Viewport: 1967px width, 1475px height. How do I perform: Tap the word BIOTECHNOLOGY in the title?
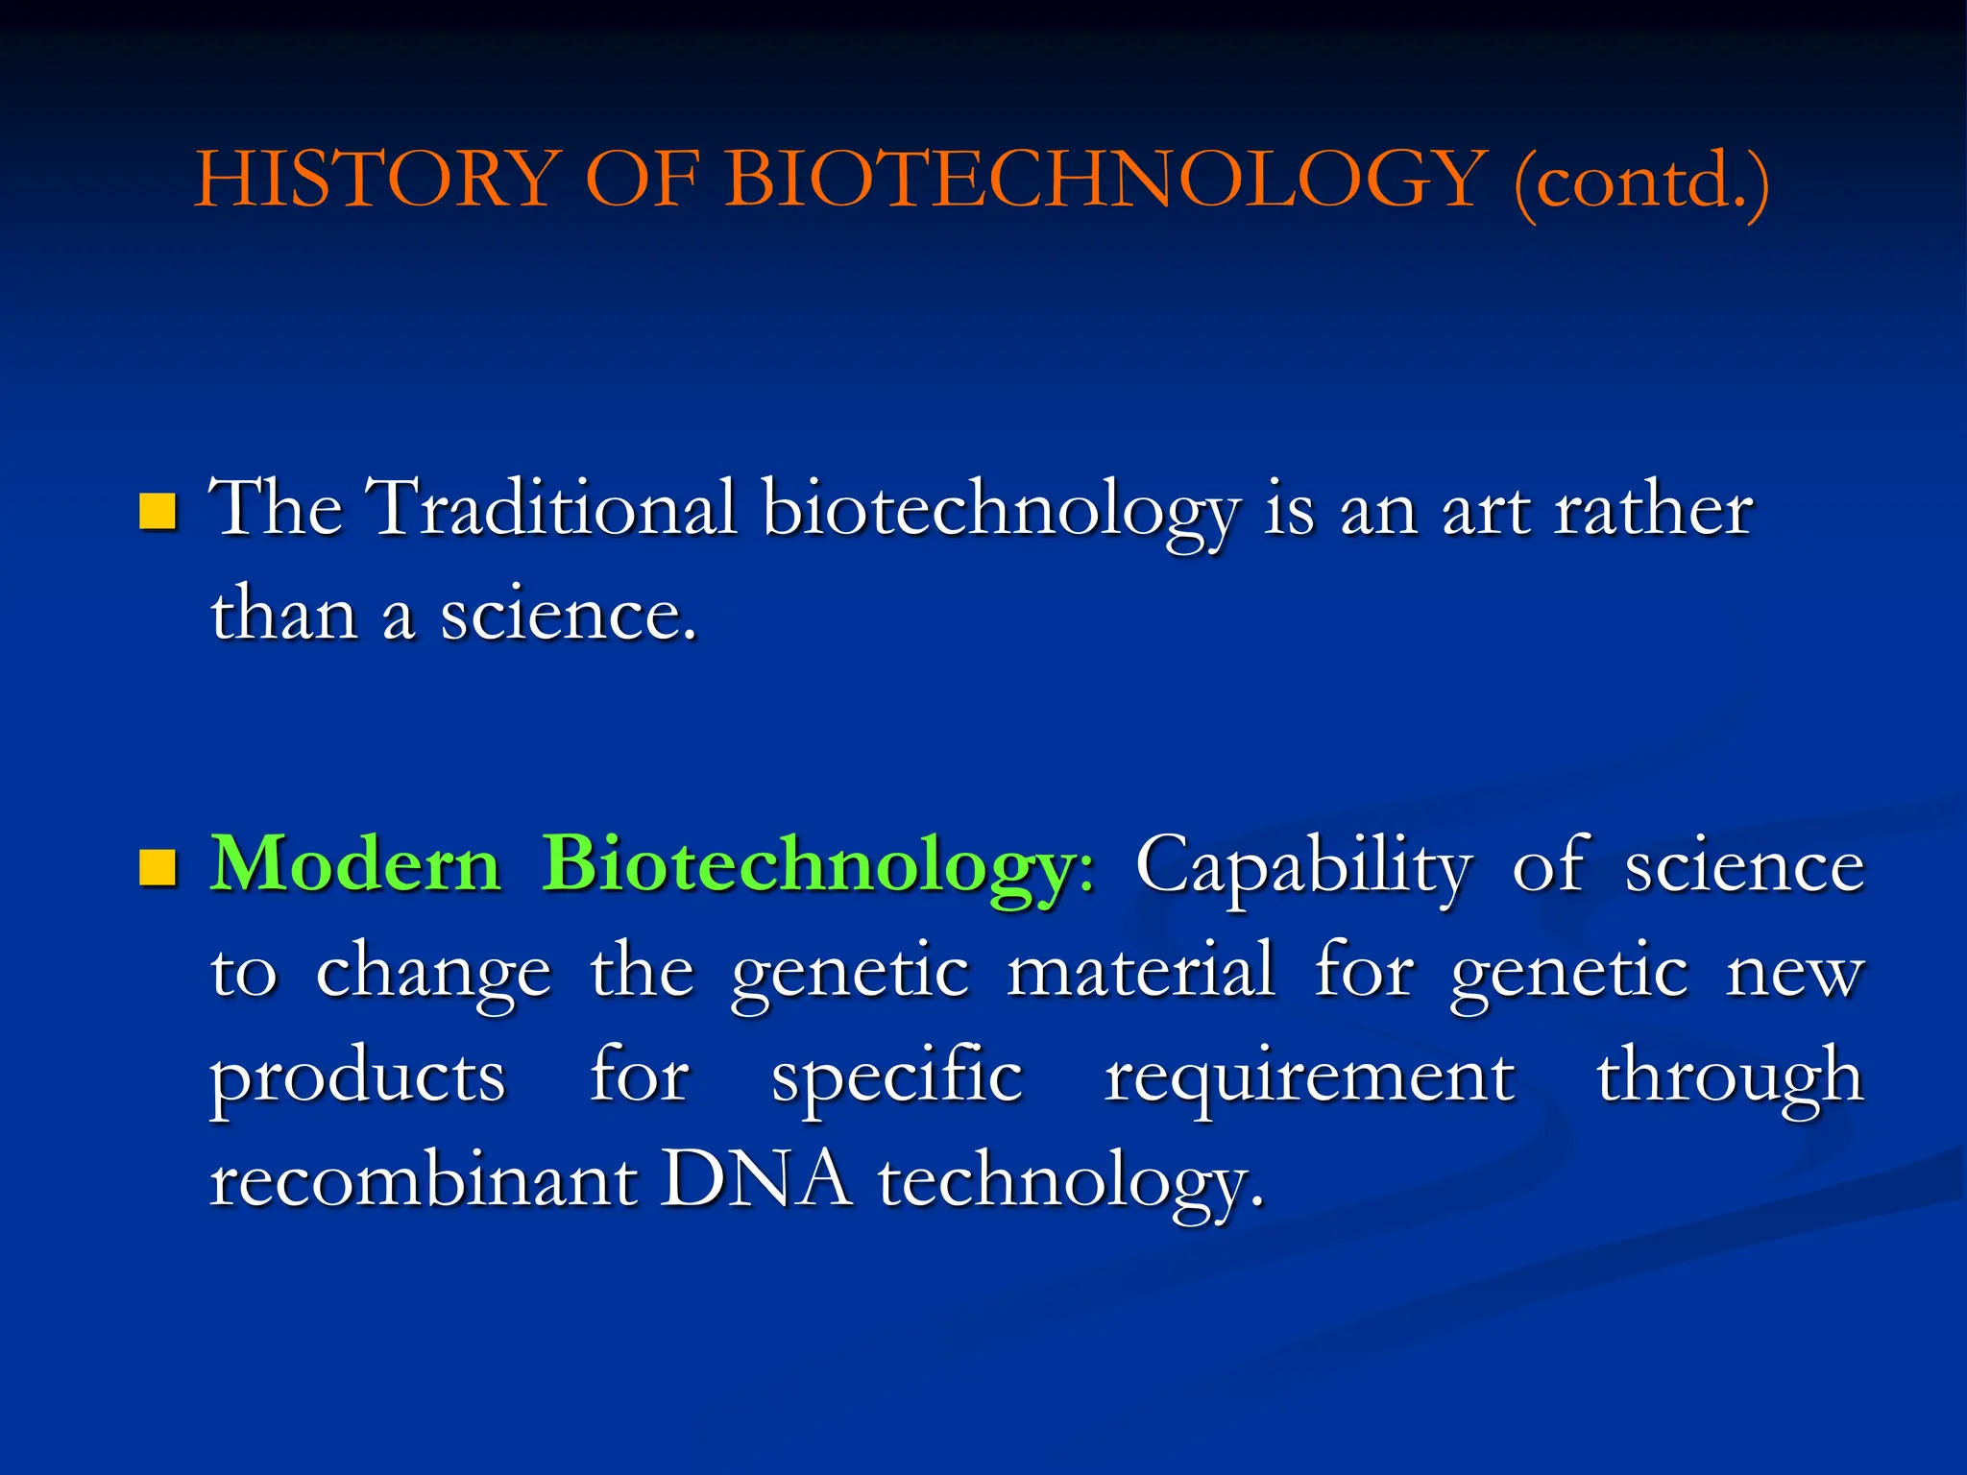[1105, 180]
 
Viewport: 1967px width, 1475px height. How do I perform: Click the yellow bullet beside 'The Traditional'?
[158, 512]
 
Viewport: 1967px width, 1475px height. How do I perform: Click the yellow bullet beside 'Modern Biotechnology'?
[158, 867]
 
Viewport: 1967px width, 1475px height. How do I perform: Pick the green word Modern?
[355, 864]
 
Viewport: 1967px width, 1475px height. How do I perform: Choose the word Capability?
[1302, 867]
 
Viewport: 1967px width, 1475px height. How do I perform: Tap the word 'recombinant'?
[424, 1180]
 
